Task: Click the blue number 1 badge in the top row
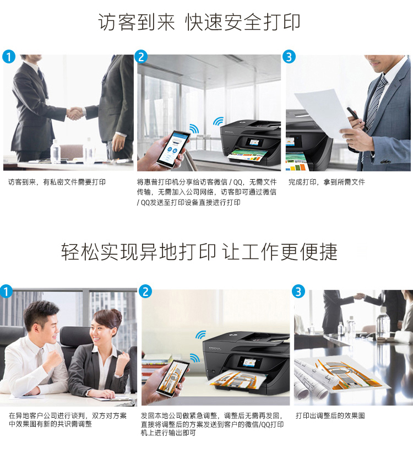[x=9, y=57]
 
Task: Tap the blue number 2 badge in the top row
[x=141, y=57]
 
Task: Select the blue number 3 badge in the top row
[x=289, y=57]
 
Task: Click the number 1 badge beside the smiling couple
[x=6, y=291]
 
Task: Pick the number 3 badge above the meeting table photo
[x=298, y=291]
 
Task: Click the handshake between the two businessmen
[x=75, y=114]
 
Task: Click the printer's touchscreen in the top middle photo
[x=254, y=143]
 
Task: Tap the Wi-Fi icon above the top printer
[x=218, y=121]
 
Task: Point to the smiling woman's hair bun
[x=116, y=315]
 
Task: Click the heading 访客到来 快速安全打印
[x=199, y=22]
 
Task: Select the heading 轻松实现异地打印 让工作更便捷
[x=199, y=251]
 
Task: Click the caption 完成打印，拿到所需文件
[x=327, y=182]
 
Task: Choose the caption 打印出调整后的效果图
[x=330, y=415]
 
